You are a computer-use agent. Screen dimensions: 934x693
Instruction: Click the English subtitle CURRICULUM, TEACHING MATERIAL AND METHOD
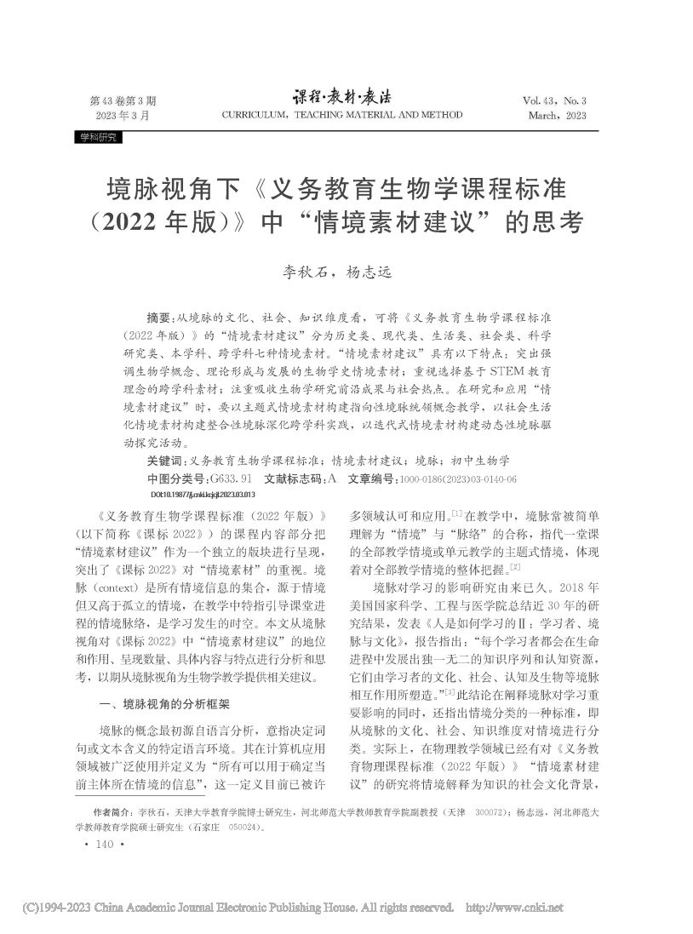[x=341, y=115]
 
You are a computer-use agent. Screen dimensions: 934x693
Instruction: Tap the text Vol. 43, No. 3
[x=554, y=100]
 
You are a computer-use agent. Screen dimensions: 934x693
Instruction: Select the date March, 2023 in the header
[x=557, y=115]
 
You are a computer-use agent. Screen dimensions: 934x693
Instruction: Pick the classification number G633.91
[x=225, y=478]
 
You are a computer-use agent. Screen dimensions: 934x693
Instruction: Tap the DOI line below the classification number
[x=203, y=494]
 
